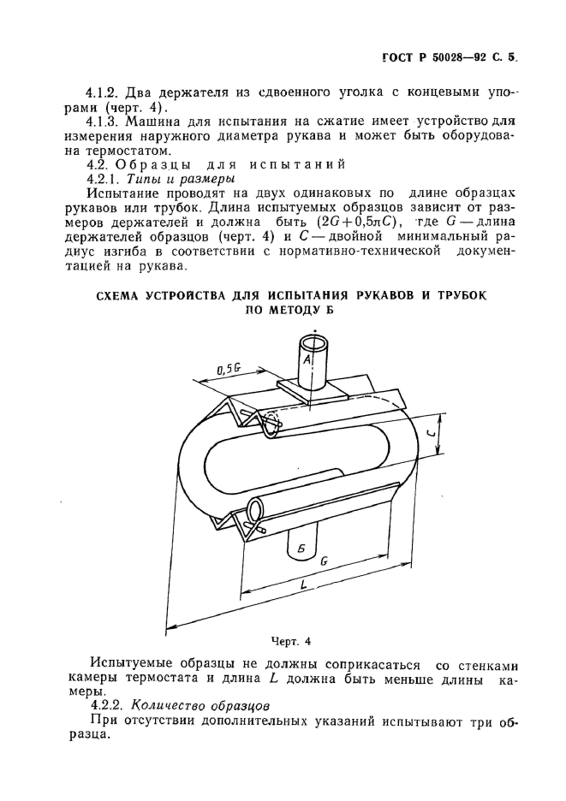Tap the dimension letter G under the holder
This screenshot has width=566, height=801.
pos(324,561)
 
